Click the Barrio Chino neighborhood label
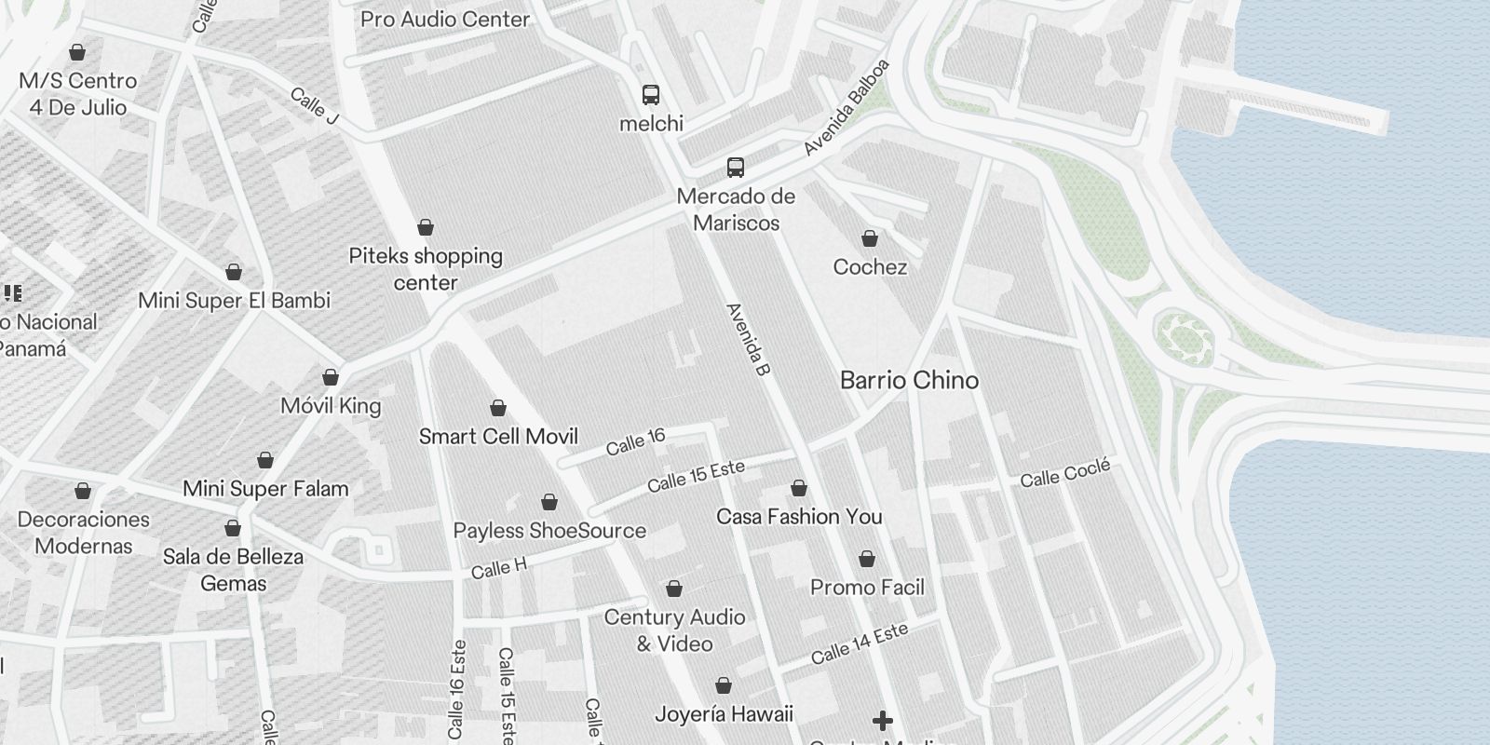(909, 380)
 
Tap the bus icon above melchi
(651, 94)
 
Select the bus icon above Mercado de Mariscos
(736, 168)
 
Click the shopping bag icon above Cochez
(870, 238)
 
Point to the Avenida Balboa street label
(847, 107)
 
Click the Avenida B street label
(749, 340)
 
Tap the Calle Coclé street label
(1064, 474)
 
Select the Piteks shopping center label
(426, 268)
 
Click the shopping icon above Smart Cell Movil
(498, 408)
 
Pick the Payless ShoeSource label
(549, 530)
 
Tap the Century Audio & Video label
(674, 630)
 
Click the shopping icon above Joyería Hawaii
(724, 685)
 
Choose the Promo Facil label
(867, 587)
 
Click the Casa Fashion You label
(799, 516)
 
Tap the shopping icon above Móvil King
(331, 377)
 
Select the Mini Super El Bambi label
(234, 300)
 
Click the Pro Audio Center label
(445, 19)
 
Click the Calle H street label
(498, 568)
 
